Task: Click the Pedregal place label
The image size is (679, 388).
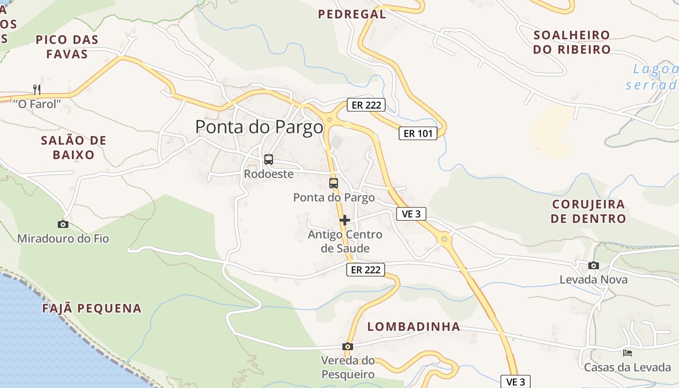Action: (352, 14)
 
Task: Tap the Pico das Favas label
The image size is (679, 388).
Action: (67, 47)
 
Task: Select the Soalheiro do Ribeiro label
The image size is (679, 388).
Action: (572, 42)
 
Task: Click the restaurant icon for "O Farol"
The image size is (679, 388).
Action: (37, 89)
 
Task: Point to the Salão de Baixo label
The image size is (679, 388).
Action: (74, 147)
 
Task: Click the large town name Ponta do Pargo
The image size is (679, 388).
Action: (259, 127)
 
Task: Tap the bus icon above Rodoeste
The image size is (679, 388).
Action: (268, 160)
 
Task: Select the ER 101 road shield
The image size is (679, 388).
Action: (418, 133)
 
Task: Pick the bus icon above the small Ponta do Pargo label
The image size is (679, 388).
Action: (334, 183)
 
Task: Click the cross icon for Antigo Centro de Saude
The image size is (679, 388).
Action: (345, 220)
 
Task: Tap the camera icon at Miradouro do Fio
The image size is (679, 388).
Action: (63, 224)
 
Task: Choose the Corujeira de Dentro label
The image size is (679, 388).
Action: (588, 211)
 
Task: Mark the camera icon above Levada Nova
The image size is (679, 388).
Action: (593, 266)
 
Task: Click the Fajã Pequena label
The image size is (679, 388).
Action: (92, 308)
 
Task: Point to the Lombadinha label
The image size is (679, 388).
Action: (414, 326)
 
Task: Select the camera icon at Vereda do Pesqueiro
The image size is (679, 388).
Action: (347, 346)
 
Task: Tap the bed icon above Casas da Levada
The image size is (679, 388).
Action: (628, 353)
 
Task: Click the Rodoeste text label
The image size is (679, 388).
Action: (269, 174)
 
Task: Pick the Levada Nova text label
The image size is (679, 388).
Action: (593, 280)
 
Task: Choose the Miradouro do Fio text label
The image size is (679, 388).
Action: (63, 239)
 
